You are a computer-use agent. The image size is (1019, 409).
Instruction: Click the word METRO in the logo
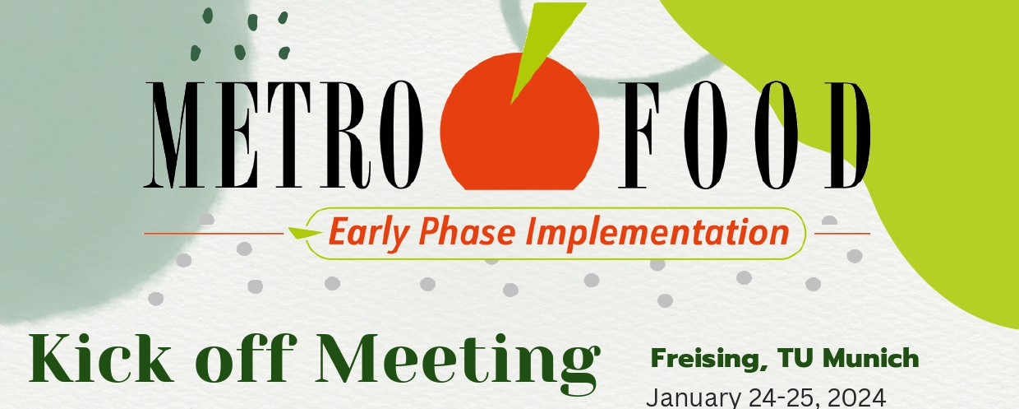[x=284, y=135]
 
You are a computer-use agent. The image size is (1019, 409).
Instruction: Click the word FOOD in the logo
[x=744, y=135]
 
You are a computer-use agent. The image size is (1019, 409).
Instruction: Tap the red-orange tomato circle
[x=519, y=122]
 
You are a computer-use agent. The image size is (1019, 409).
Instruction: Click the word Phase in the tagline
[x=467, y=231]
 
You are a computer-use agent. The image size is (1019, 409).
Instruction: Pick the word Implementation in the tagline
[x=657, y=234]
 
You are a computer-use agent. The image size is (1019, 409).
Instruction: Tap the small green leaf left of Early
[x=305, y=233]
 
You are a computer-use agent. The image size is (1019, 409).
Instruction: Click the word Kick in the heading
[x=101, y=358]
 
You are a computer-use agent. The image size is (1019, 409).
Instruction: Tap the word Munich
[x=871, y=358]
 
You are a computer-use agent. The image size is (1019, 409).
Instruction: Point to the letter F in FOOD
[x=639, y=135]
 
